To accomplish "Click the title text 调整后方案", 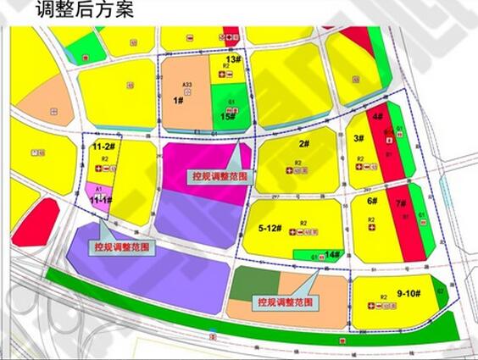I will [85, 11].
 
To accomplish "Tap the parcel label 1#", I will [179, 100].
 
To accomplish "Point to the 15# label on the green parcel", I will [228, 117].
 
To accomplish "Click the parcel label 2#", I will [303, 144].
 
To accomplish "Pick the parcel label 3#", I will [359, 138].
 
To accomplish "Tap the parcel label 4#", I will [377, 116].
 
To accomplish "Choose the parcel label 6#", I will [371, 201].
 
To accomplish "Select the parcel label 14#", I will [333, 254].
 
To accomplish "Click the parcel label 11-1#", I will [101, 200].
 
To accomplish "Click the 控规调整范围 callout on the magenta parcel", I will [215, 176].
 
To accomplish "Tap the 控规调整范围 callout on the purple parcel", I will [122, 247].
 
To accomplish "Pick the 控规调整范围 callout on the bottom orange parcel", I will [285, 301].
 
